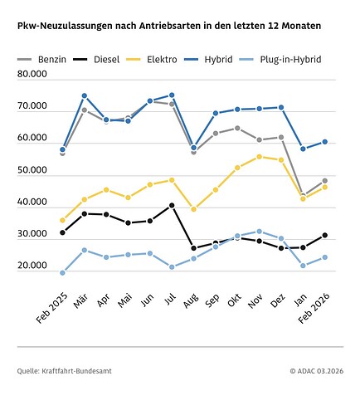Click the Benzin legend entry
pyautogui.click(x=41, y=60)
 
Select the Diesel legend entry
pyautogui.click(x=96, y=60)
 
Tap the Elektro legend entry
pyautogui.click(x=152, y=60)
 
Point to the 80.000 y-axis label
pyautogui.click(x=32, y=74)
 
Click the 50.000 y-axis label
pyautogui.click(x=32, y=170)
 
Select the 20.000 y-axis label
pyautogui.click(x=32, y=266)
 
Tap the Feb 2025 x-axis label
pyautogui.click(x=52, y=308)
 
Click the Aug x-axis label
pyautogui.click(x=191, y=300)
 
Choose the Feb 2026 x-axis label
pyautogui.click(x=314, y=308)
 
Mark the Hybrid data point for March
pyautogui.click(x=85, y=95)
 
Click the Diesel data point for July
pyautogui.click(x=172, y=205)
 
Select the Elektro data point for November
pyautogui.click(x=259, y=157)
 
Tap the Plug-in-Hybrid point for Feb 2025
pyautogui.click(x=62, y=273)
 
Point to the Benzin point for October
pyautogui.click(x=237, y=128)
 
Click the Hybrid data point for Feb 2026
pyautogui.click(x=325, y=142)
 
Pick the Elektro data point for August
pyautogui.click(x=193, y=209)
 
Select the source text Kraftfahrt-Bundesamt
pyautogui.click(x=76, y=371)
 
